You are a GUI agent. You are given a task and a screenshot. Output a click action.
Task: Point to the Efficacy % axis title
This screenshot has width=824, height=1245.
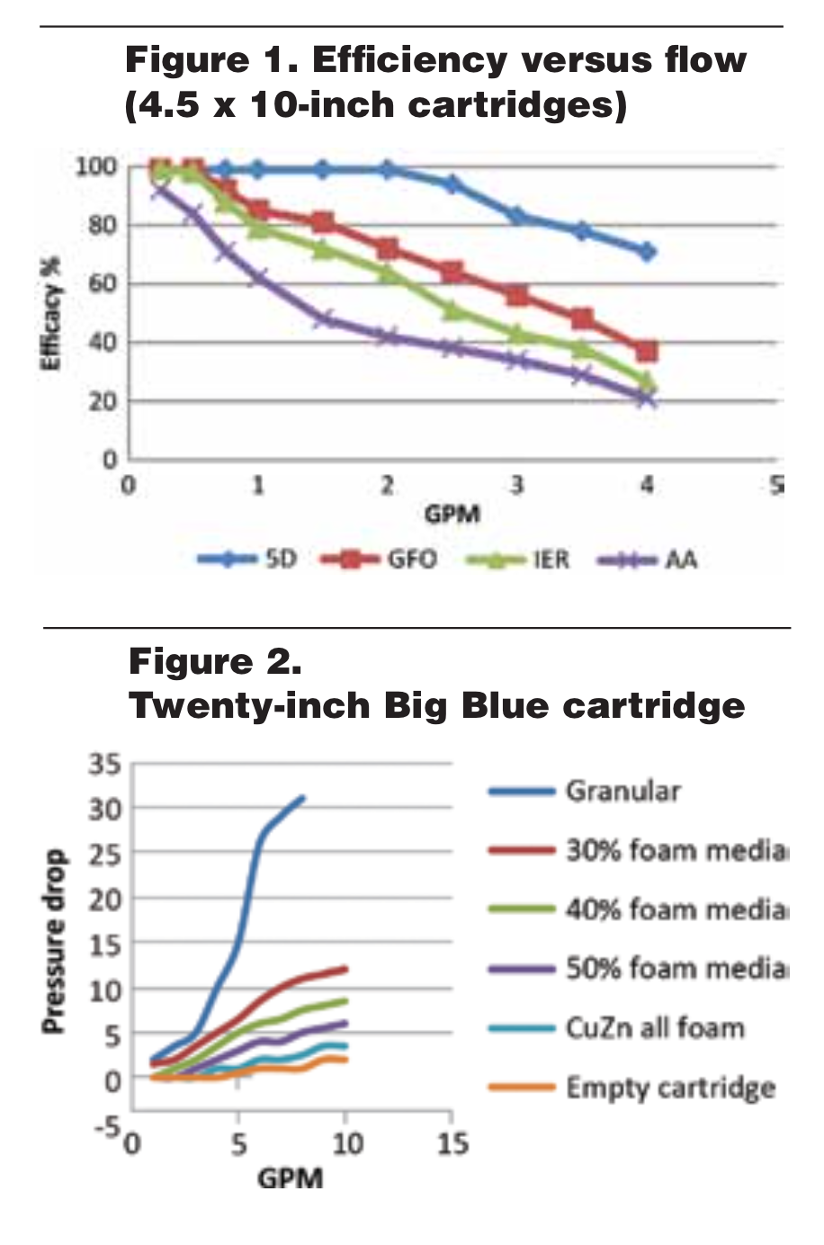(51, 313)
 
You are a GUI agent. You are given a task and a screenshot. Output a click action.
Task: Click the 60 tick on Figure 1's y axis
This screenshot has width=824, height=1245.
(103, 284)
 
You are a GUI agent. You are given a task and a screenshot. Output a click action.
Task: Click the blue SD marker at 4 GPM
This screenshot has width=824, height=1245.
(646, 252)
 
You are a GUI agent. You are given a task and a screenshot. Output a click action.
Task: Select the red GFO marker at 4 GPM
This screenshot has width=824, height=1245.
(646, 351)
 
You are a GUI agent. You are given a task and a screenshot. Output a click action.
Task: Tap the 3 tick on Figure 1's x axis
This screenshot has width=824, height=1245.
(516, 486)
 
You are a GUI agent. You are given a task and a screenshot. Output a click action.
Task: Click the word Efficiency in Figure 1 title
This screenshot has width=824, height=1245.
(409, 61)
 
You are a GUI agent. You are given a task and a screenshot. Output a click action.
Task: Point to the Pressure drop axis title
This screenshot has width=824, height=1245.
(54, 941)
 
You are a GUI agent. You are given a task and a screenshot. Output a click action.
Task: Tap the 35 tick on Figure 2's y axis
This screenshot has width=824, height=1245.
(104, 765)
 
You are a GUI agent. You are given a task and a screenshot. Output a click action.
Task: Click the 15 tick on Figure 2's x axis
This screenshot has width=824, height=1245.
(452, 1143)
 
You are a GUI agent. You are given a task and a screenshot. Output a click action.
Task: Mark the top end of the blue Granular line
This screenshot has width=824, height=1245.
(303, 797)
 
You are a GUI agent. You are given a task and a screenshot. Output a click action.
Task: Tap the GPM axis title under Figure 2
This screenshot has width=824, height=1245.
(290, 1178)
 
